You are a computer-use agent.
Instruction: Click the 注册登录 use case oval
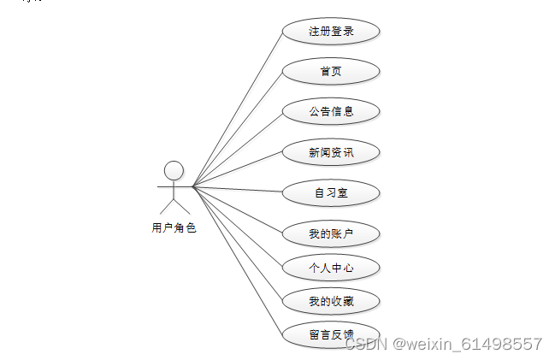coord(331,32)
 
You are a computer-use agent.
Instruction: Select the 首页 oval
coord(331,71)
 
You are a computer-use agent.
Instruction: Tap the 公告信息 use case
coord(331,111)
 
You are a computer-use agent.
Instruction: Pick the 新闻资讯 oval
coord(331,152)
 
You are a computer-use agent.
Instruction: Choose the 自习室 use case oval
coord(331,193)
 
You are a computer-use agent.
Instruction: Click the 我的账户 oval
coord(331,233)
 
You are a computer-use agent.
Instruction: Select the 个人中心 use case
coord(331,268)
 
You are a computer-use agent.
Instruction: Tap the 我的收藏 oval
coord(331,301)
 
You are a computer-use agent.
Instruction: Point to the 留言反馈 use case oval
coord(331,333)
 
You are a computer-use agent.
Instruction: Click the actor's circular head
coord(174,169)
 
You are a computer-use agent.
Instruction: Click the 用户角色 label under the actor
coord(174,227)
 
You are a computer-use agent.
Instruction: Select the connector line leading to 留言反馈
coord(237,258)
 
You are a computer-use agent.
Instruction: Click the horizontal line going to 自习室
coord(238,188)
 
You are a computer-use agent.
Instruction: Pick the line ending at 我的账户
coord(238,209)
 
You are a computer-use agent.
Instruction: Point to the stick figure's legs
coord(174,206)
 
